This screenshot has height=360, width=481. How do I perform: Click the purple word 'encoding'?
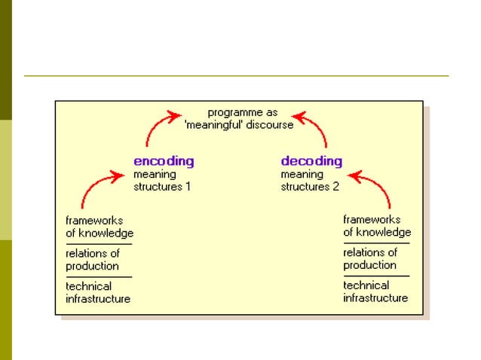click(164, 160)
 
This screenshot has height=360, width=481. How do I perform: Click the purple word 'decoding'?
click(311, 160)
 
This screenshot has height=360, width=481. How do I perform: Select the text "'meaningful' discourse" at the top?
click(240, 125)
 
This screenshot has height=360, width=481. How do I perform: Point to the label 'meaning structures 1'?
click(162, 181)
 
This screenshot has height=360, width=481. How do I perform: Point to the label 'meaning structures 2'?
click(310, 181)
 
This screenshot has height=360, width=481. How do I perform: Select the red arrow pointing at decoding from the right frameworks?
click(377, 185)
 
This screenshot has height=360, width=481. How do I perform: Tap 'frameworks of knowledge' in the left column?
click(99, 227)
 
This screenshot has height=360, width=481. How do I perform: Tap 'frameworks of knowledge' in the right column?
click(377, 226)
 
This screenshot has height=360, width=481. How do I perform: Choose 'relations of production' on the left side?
click(93, 260)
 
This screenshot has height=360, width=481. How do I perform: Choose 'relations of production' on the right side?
click(370, 259)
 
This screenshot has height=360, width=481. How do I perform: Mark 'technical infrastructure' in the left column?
click(98, 292)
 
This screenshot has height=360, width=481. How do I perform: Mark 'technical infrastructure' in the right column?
click(375, 291)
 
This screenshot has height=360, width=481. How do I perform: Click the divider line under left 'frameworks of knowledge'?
click(98, 244)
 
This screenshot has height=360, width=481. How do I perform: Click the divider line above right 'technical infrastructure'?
click(376, 276)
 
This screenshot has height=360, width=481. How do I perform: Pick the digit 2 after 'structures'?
click(335, 187)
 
